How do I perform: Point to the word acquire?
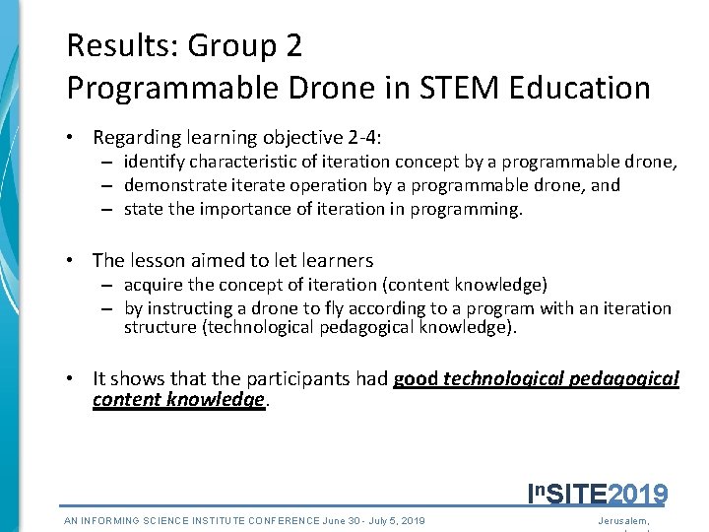coord(154,285)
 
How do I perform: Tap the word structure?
coord(161,327)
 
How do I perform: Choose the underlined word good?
coord(416,378)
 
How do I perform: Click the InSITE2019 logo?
coord(598,493)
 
